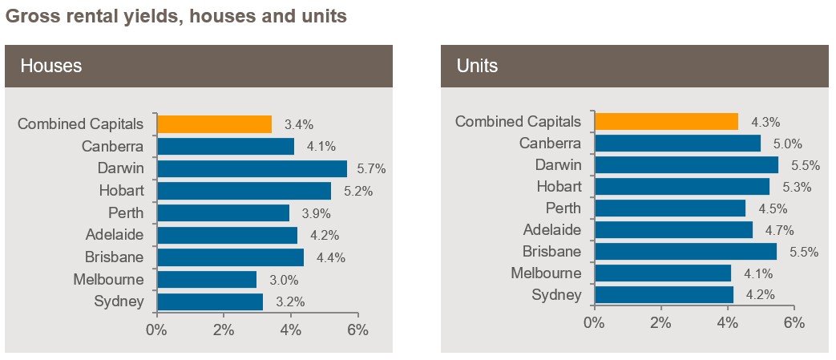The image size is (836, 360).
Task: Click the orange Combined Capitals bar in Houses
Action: pos(214,124)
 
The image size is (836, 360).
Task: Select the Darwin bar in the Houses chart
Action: pos(252,168)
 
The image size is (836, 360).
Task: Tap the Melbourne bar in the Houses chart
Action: pos(207,280)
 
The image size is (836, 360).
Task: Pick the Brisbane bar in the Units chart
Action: pos(685,251)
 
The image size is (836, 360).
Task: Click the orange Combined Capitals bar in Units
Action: pos(666,121)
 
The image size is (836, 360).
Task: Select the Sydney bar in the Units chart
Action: pos(664,295)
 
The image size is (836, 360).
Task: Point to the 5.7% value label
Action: pos(372,169)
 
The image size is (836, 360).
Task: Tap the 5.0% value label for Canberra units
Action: pos(789,144)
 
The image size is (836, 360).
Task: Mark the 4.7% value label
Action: pos(779,230)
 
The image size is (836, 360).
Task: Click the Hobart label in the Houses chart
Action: pos(122,190)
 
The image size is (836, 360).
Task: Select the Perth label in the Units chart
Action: pos(563,208)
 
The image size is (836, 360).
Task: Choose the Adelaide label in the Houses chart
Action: pos(115,235)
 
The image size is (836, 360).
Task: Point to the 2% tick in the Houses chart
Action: pos(224,330)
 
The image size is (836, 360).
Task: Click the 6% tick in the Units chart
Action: pos(794,322)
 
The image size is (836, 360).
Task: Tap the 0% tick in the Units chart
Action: pos(594,322)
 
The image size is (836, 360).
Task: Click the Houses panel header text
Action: pos(51,66)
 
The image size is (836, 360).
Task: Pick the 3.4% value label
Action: pos(298,125)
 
